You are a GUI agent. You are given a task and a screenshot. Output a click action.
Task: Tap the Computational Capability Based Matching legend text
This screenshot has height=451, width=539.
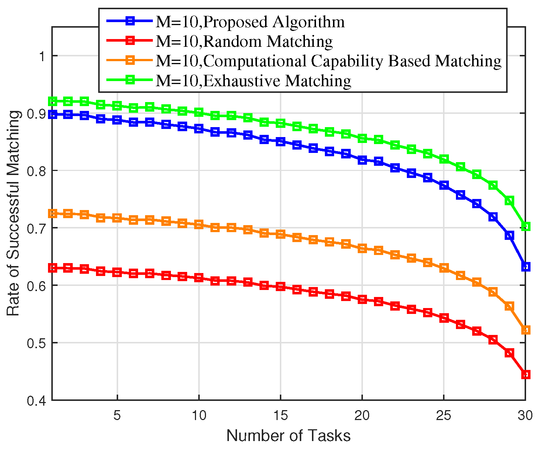coord(328,61)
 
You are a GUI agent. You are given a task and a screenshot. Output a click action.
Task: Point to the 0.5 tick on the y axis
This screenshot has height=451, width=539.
coord(36,343)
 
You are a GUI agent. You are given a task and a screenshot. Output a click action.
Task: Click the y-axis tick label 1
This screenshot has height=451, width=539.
coord(42,56)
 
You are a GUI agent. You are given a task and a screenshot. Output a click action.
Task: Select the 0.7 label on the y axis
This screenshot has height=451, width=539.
coord(36,228)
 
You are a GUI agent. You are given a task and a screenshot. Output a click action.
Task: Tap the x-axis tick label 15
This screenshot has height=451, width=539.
coord(280,416)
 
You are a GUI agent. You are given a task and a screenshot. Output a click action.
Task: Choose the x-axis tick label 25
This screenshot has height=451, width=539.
coord(443,416)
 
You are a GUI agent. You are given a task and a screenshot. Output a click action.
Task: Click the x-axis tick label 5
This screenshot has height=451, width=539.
coord(117,416)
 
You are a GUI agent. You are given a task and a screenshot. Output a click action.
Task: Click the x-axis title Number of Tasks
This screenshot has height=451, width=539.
coord(288,436)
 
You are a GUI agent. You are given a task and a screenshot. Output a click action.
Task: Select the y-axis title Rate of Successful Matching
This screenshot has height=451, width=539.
coord(14,213)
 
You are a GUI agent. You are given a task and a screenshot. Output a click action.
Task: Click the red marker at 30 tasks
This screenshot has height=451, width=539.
coord(526,375)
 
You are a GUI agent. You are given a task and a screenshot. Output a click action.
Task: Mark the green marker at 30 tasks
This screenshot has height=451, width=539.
coord(526,226)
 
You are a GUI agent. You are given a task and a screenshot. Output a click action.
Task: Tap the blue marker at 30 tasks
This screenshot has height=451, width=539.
coord(526,267)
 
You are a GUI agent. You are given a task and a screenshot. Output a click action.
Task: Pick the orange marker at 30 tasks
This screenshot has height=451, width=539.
coord(526,330)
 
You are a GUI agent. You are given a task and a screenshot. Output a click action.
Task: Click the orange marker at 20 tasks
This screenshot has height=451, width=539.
coord(362,248)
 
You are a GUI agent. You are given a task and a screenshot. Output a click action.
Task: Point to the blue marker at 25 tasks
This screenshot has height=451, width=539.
coord(444,185)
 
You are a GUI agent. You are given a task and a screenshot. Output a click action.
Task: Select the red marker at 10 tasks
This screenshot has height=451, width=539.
coord(199,278)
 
